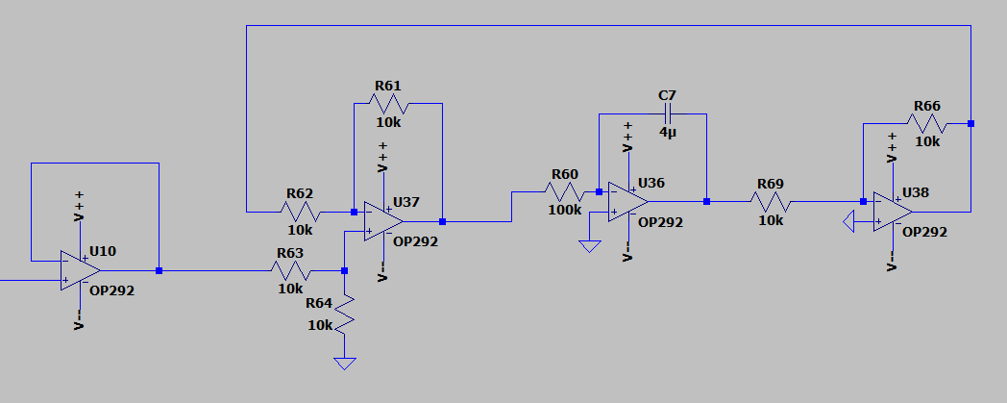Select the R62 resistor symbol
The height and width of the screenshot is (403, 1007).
(x=300, y=212)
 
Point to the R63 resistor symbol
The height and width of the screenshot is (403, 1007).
(x=290, y=271)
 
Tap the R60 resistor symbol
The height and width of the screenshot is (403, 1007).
(x=564, y=191)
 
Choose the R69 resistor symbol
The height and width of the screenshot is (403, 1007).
(x=771, y=201)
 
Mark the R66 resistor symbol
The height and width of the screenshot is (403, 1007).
(x=927, y=123)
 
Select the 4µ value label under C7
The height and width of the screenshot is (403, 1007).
(x=668, y=132)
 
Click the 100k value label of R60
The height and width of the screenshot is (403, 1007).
(x=564, y=210)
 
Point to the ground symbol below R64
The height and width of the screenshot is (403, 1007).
(x=344, y=364)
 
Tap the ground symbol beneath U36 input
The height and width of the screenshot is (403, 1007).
(x=589, y=245)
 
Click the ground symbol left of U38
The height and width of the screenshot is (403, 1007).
(x=847, y=223)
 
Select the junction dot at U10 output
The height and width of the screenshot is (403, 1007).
(x=159, y=271)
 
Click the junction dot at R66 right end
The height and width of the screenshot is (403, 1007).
(x=970, y=123)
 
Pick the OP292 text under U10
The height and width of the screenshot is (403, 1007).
(x=111, y=289)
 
